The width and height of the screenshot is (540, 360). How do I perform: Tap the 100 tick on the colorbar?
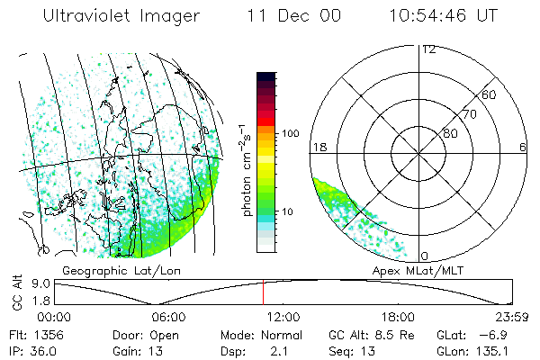(291, 133)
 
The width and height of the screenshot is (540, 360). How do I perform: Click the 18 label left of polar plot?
(318, 147)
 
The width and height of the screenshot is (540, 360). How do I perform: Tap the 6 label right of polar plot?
(523, 147)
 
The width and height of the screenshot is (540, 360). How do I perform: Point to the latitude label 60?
(490, 94)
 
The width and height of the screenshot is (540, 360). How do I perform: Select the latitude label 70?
(470, 114)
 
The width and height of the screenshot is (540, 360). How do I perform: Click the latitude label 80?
(450, 133)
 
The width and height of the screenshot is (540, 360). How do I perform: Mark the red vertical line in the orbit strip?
(263, 292)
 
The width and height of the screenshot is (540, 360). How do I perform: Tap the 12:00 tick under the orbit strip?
(283, 317)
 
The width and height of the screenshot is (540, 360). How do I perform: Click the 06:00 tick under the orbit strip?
(169, 317)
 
